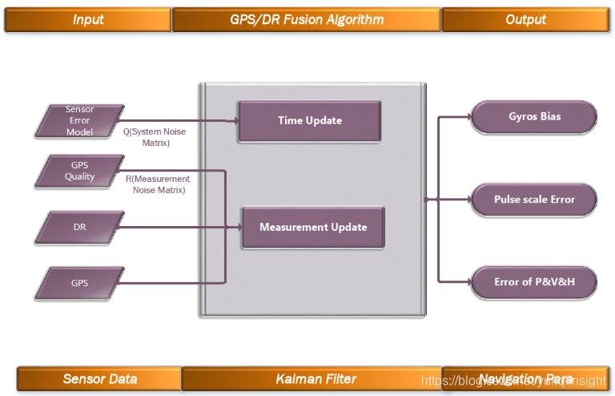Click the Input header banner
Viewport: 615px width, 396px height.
87,19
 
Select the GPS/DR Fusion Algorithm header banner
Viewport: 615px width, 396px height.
306,19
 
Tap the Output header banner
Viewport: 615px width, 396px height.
525,19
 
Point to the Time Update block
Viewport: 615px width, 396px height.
309,121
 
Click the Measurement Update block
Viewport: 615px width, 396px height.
312,228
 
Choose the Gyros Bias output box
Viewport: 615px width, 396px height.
534,117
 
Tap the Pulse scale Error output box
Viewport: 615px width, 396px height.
534,200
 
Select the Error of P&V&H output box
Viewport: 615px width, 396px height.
534,281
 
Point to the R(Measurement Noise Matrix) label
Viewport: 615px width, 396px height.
159,184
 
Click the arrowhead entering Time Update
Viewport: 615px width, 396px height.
235,121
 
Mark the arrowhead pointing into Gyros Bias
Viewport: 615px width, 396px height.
468,117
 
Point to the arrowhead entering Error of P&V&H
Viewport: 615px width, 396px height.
468,281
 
